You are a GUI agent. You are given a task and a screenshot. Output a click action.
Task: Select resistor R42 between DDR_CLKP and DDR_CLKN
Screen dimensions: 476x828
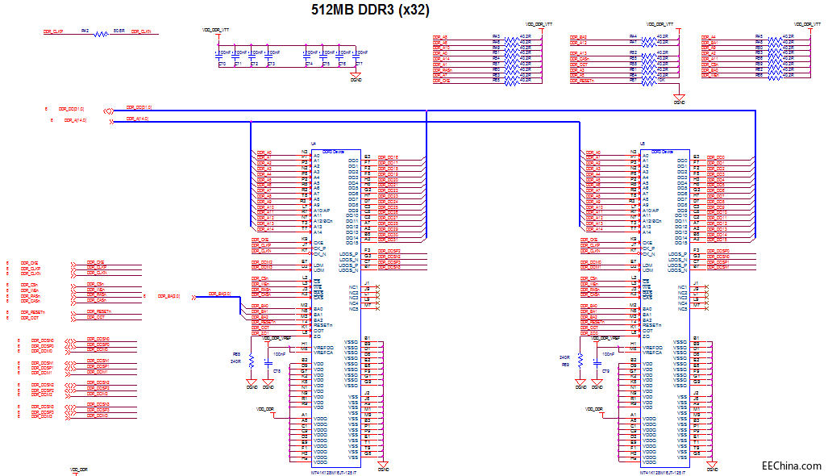coord(101,34)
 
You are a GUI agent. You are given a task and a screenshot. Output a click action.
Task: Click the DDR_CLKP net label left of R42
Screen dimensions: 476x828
coord(53,31)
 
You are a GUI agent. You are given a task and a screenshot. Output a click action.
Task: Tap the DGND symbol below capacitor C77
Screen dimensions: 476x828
coord(357,79)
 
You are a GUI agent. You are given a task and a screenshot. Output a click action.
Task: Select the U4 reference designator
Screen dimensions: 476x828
coord(314,144)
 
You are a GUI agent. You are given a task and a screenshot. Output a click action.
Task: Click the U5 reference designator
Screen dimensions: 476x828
coord(643,144)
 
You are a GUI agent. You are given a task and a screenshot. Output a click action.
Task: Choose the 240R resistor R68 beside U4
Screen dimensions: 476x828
coord(251,358)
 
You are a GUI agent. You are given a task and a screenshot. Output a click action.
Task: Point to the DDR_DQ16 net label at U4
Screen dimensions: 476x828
coord(388,158)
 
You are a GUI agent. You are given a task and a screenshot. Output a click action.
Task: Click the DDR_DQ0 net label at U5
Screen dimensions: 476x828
coord(716,158)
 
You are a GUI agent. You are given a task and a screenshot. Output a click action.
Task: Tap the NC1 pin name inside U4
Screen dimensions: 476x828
coord(354,286)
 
